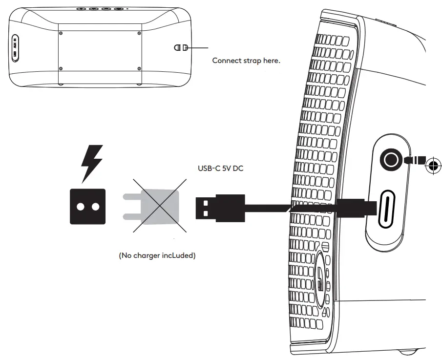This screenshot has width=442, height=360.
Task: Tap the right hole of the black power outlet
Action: tap(95, 206)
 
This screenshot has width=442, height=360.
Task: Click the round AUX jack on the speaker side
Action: tap(391, 160)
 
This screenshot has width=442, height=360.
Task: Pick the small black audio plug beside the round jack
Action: tap(414, 160)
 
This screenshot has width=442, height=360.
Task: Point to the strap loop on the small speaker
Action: tap(181, 48)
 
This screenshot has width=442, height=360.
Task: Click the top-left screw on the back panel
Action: tap(61, 33)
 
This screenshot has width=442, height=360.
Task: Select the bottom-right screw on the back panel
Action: tap(139, 68)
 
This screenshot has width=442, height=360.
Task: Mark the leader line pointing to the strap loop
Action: tap(199, 48)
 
